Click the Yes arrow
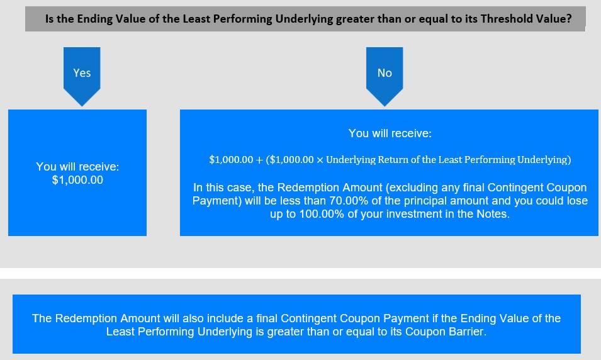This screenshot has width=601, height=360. coord(82,76)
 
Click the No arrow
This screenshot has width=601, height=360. coord(385,76)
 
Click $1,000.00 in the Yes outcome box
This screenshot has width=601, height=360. coord(77,180)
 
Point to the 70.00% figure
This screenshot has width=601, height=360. coord(345,201)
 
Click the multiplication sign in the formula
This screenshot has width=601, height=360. coord(320,160)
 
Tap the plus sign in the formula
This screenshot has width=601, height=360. coord(259,160)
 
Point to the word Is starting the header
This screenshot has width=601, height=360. coord(49,18)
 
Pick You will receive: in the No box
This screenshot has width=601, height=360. coord(390,133)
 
